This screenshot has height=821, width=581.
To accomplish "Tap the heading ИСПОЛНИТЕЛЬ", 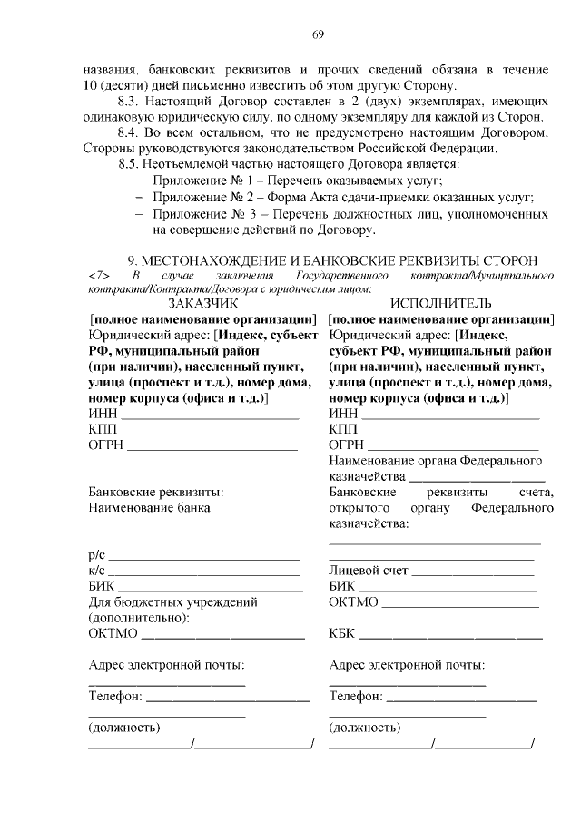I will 441,303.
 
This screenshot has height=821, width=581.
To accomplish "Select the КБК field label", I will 342,631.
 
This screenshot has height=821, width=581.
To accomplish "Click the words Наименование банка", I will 149,508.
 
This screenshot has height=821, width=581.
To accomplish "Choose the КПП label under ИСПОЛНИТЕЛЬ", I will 343,428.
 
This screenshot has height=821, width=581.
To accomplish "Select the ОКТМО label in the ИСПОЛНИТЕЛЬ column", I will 350,601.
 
